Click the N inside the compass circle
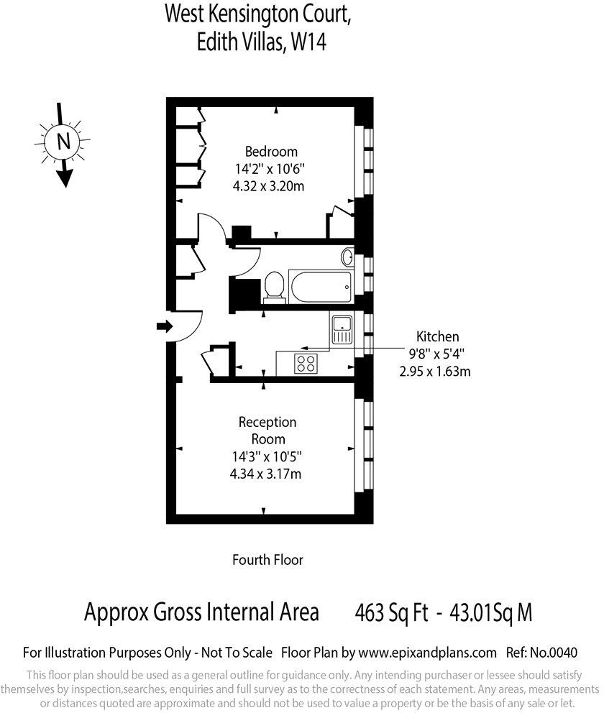63,142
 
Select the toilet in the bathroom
273,287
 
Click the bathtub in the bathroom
321,287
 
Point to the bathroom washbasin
347,257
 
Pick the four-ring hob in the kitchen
306,363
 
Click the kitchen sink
342,328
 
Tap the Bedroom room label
271,152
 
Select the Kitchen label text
437,336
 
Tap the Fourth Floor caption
267,559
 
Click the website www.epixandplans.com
428,653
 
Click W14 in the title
308,43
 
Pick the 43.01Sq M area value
490,613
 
